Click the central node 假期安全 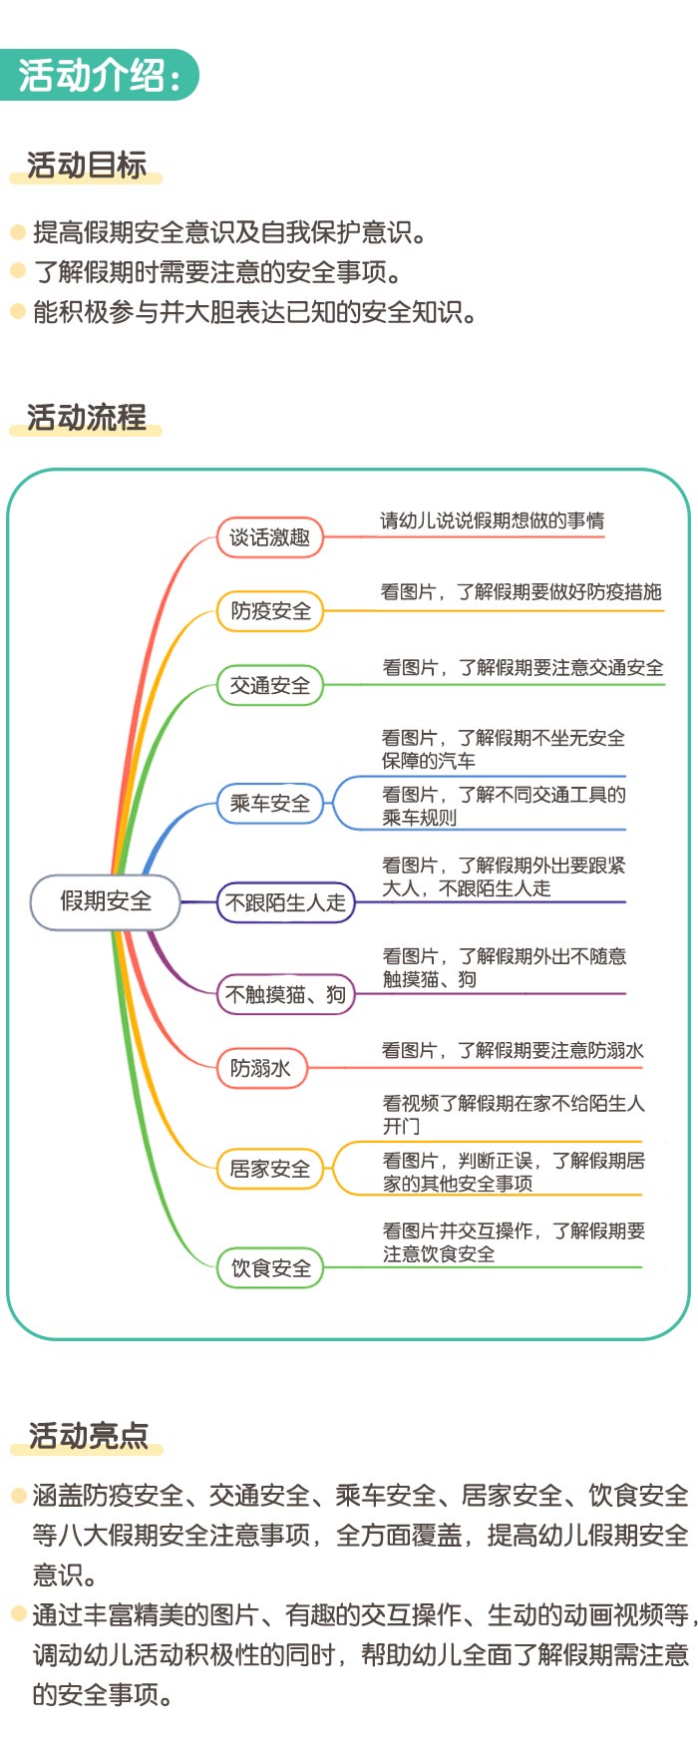tap(106, 901)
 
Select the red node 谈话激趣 tap(270, 537)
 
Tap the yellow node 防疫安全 tap(270, 610)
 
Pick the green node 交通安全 tap(270, 685)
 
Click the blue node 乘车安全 tap(270, 803)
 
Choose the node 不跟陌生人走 tap(286, 902)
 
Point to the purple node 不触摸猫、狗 tap(286, 994)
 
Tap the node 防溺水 tap(261, 1068)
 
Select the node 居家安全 tap(270, 1169)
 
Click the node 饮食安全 tap(270, 1268)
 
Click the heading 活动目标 tap(87, 165)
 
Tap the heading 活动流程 tap(87, 417)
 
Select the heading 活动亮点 tap(88, 1436)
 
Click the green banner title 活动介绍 tap(100, 75)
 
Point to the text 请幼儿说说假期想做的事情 tap(492, 521)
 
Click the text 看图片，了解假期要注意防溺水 tap(513, 1050)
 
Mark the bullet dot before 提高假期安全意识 tap(17, 232)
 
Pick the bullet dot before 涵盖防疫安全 tap(18, 1496)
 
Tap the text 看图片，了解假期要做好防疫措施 tap(521, 592)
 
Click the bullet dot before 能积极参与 tap(17, 311)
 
